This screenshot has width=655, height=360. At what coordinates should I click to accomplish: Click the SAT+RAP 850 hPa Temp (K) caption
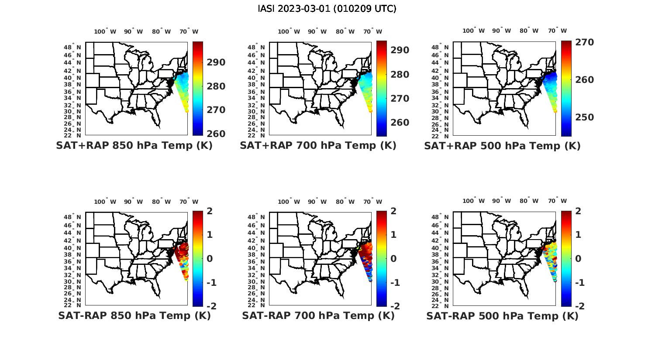point(134,146)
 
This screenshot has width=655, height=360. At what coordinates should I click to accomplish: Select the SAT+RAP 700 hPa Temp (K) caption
point(318,146)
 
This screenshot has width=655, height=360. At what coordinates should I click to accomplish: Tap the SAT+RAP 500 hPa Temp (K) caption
point(502,146)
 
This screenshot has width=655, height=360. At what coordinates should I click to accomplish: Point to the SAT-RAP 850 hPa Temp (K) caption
point(134,315)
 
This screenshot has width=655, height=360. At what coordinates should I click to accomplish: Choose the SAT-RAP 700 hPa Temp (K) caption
point(318,315)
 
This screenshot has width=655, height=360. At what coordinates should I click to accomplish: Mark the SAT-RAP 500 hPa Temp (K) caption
point(502,315)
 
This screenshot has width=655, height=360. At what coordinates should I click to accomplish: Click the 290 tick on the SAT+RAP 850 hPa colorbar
point(216,62)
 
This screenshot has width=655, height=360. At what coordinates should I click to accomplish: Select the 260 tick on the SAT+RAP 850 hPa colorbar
point(216,134)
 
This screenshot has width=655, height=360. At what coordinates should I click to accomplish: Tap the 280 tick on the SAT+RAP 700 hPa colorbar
point(400,75)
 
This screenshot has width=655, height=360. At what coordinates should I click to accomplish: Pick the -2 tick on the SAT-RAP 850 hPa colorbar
point(210,306)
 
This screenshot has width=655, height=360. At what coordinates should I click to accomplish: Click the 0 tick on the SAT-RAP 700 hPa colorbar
point(393,258)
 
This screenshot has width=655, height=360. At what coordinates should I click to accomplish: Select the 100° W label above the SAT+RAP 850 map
point(105,31)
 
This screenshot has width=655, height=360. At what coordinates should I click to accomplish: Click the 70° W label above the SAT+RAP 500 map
point(557,31)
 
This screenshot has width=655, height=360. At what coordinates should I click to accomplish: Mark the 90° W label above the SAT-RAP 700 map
point(317,202)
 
